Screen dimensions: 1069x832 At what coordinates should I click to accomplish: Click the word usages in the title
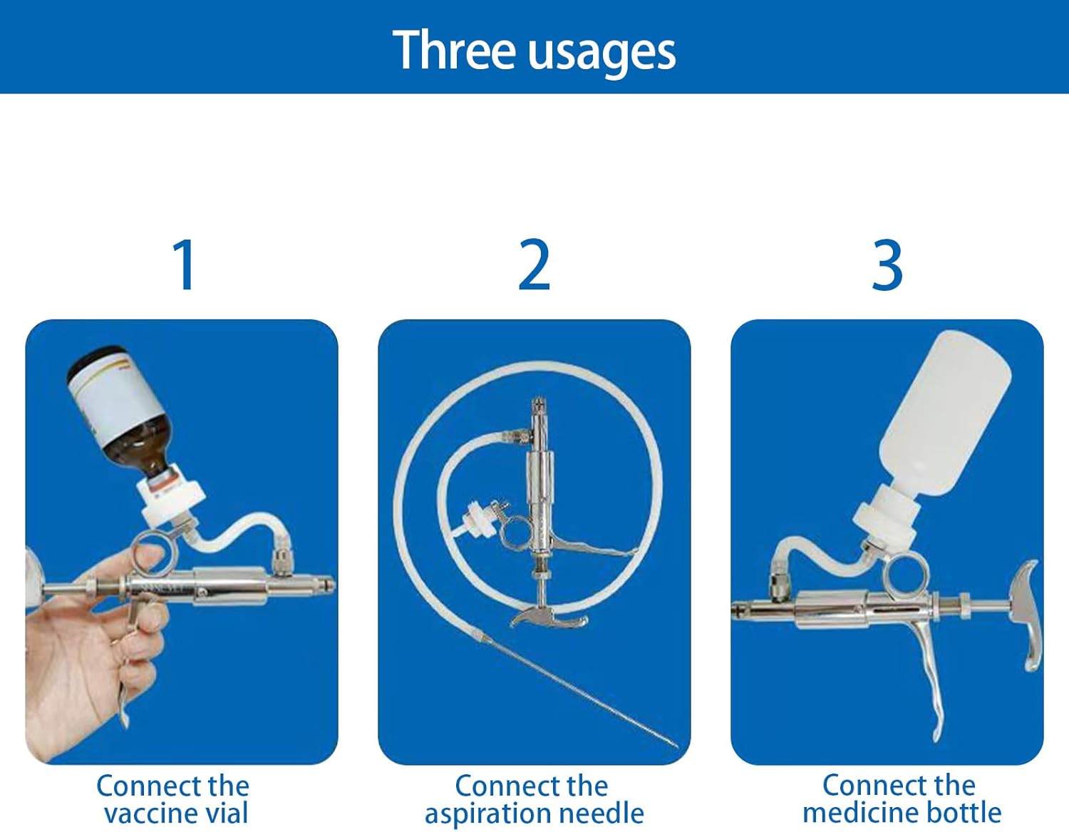602,54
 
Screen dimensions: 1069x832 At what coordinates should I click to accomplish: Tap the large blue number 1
185,265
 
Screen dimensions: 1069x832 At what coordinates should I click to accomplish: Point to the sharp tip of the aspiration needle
678,747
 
